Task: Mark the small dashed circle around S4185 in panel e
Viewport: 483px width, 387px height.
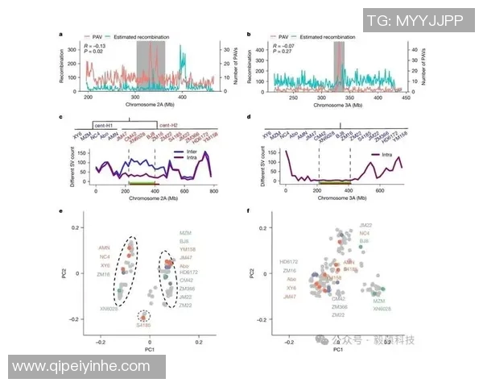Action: (x=144, y=317)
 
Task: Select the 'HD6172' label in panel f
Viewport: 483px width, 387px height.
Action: (x=287, y=262)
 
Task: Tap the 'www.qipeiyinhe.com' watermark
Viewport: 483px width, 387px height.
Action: (x=85, y=367)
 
